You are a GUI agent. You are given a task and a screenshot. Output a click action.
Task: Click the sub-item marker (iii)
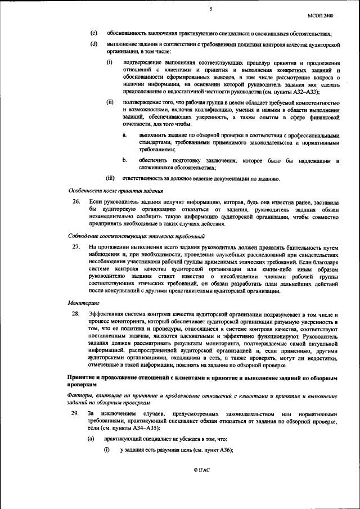click(111, 178)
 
